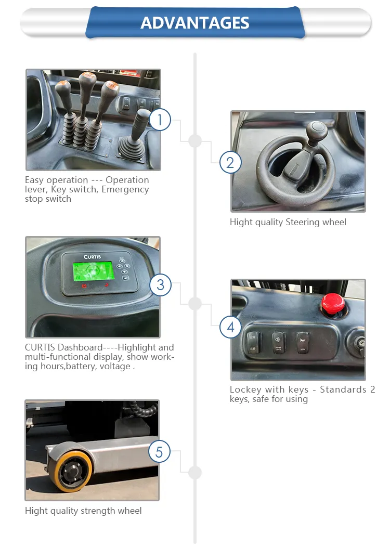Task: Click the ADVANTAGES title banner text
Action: click(195, 23)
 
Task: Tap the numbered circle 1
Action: click(160, 120)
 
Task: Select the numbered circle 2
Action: click(230, 163)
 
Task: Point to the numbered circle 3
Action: click(160, 284)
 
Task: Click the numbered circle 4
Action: click(230, 327)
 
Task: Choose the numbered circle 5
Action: click(159, 452)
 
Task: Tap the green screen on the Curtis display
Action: click(92, 270)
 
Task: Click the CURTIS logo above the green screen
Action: click(93, 257)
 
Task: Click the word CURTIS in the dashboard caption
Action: click(40, 347)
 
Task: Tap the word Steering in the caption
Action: click(303, 222)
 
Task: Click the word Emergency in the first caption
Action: click(125, 189)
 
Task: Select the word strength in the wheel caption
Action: click(98, 511)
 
